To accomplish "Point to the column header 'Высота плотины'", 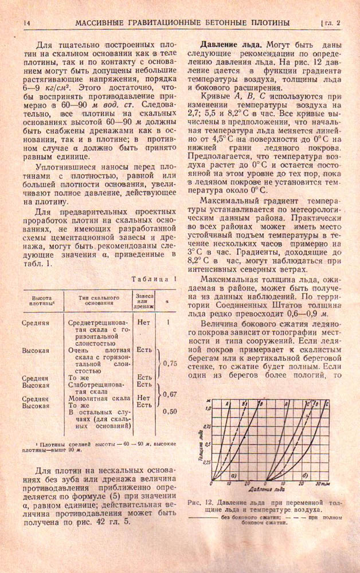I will click(x=42, y=302).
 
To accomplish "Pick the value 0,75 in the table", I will click(x=169, y=363).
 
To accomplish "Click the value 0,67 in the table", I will click(x=169, y=394).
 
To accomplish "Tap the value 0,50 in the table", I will click(x=169, y=411).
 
